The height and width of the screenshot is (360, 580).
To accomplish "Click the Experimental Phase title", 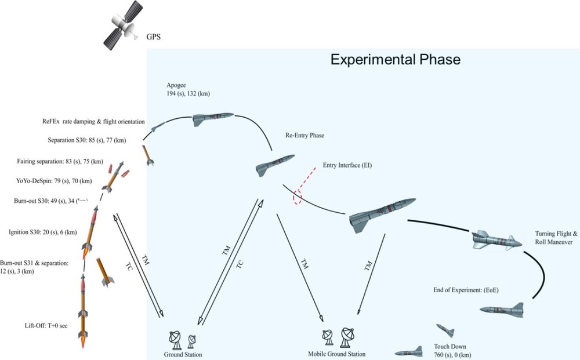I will pyautogui.click(x=395, y=60).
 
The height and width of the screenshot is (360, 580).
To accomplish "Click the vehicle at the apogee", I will pyautogui.click(x=213, y=119).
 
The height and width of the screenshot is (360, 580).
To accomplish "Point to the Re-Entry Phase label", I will pyautogui.click(x=304, y=136).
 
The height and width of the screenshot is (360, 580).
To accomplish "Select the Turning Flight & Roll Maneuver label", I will pyautogui.click(x=553, y=237).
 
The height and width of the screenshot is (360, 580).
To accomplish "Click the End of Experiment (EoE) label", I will pyautogui.click(x=466, y=288).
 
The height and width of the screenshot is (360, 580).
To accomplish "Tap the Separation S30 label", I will pyautogui.click(x=88, y=140).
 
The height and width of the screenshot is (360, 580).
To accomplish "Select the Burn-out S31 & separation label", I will pyautogui.click(x=34, y=267).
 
